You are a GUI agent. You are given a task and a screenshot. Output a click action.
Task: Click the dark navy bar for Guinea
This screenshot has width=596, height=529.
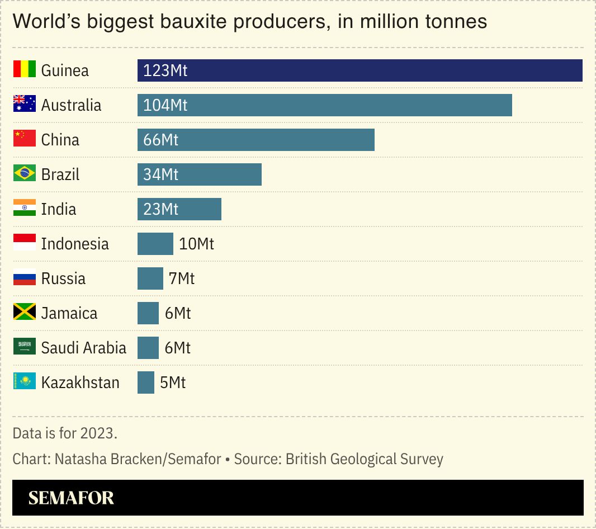[360, 70]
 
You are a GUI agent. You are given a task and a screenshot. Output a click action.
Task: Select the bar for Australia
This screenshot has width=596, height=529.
[324, 105]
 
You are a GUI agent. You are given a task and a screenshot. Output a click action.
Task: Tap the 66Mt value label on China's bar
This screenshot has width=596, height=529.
[160, 140]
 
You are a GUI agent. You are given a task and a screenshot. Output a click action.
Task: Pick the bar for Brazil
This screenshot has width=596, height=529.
[200, 174]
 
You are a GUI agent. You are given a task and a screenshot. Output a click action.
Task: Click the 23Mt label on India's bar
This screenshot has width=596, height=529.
[160, 209]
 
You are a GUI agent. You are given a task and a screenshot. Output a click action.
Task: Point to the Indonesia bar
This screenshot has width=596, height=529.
[155, 244]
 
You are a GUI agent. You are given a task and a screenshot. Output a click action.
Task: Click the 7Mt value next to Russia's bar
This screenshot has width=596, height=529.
[182, 278]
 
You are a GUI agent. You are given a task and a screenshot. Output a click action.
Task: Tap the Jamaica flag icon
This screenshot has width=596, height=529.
[25, 313]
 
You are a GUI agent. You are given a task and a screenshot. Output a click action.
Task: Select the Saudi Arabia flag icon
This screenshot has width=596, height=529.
[25, 347]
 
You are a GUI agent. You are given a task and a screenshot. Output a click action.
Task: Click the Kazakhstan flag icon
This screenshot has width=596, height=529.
[25, 382]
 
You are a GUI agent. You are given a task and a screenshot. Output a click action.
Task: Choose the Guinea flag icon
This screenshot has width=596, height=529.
[25, 70]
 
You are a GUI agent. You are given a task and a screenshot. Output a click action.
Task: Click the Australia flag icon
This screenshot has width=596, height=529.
[25, 105]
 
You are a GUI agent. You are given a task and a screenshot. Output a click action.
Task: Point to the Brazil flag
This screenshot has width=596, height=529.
[25, 174]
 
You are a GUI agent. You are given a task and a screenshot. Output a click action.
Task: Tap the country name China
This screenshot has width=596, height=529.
[60, 140]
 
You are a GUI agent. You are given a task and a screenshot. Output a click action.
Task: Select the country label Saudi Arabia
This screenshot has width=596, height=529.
[84, 348]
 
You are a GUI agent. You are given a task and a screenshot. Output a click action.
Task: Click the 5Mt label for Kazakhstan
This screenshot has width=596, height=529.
[173, 382]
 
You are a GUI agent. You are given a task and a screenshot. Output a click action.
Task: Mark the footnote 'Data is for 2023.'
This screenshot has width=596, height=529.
[65, 433]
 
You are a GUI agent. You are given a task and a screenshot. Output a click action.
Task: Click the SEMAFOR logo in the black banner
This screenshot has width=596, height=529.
[71, 498]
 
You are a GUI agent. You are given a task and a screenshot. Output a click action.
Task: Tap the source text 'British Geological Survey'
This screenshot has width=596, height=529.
[364, 459]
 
